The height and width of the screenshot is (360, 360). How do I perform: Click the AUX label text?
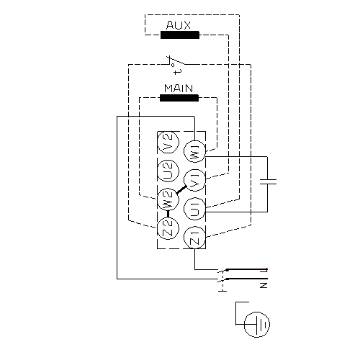(179, 25)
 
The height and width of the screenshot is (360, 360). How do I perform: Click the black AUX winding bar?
(180, 35)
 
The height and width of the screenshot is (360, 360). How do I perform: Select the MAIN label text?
(179, 89)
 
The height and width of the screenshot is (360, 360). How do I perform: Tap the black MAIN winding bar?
(179, 98)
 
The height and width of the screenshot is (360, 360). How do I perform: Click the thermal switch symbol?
(176, 61)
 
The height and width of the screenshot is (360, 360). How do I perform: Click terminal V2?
(168, 143)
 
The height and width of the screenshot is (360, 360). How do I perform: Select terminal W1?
(194, 151)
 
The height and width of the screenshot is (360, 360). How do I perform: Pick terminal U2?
(168, 171)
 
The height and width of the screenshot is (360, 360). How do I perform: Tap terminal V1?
(194, 180)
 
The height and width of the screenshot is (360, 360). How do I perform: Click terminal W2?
(168, 199)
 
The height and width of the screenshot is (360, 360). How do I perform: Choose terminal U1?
(194, 209)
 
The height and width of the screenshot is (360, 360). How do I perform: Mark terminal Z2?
(168, 228)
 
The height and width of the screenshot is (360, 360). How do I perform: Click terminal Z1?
(194, 238)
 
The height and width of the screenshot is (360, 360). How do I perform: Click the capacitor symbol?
(268, 181)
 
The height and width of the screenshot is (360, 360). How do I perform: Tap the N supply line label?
(264, 285)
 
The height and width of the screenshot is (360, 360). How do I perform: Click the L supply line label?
(264, 271)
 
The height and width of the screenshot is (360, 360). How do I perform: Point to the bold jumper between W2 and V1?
(181, 190)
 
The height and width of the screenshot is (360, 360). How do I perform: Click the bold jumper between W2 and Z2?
(168, 214)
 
